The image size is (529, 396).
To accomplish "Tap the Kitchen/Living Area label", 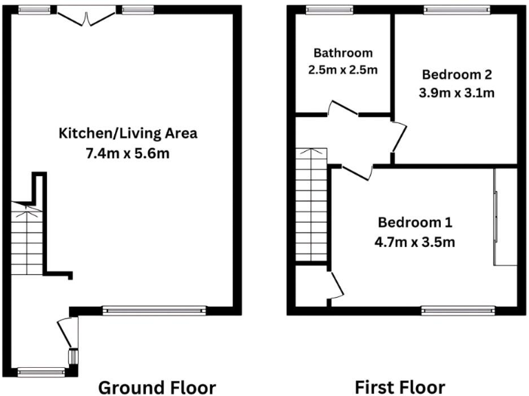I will coord(128,133).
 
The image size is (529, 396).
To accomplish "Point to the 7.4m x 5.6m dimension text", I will coord(128,153).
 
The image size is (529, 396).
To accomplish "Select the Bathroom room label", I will coord(343,53).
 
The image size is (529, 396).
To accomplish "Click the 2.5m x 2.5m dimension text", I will coord(343,69).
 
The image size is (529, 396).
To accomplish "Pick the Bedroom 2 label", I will coord(457,74).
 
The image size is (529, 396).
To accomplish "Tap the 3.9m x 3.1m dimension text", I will coord(457,91).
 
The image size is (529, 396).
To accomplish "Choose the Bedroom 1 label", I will coord(415,222).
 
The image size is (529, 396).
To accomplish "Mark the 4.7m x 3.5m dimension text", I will coord(415,241).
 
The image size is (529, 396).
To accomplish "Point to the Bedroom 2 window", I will coord(457,10).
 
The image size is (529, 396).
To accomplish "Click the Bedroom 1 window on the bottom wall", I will coord(457,311).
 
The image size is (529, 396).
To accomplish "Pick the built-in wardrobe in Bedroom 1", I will coord(504,217).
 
